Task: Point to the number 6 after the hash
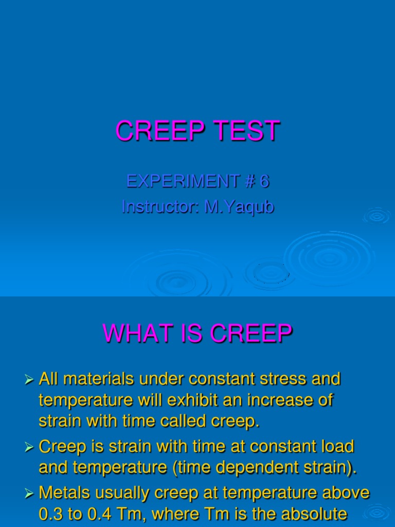[x=264, y=181]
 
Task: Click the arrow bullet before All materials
[x=29, y=380]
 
